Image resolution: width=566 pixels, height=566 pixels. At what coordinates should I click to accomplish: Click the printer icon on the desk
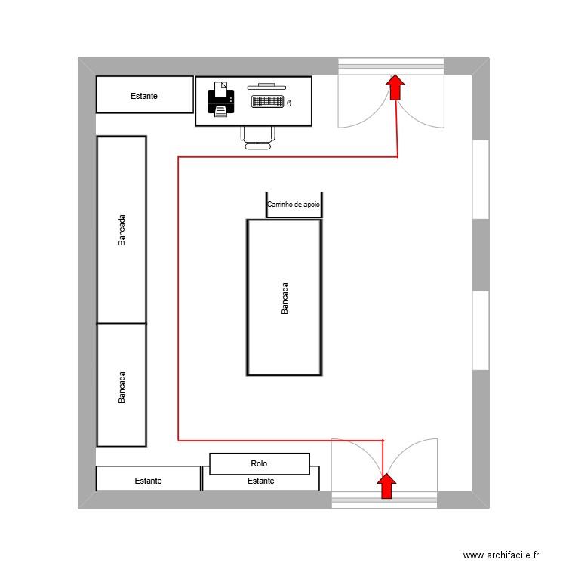220,100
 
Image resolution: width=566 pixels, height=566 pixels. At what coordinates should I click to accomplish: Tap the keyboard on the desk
267,102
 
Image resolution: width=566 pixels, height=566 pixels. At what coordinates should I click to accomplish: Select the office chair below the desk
257,136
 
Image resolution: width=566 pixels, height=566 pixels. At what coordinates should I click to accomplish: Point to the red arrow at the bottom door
386,486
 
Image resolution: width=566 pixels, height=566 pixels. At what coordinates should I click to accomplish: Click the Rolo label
259,463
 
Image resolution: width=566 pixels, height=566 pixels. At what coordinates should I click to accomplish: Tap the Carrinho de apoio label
294,205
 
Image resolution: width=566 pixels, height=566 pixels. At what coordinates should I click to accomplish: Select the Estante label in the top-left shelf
144,96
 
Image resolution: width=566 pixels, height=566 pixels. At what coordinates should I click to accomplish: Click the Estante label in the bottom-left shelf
148,481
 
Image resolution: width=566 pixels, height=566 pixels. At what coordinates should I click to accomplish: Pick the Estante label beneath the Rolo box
261,481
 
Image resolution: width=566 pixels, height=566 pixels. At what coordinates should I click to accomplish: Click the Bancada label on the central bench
285,298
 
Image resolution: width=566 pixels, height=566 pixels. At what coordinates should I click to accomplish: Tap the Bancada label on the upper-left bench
122,229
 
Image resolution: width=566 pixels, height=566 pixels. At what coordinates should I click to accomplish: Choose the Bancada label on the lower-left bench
122,387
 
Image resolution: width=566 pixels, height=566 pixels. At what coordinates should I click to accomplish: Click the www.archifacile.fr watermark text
501,555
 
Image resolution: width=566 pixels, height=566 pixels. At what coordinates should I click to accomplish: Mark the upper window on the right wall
480,179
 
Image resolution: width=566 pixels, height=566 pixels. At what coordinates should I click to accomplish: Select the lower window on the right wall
480,330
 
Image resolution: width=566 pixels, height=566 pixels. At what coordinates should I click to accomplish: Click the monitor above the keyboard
266,88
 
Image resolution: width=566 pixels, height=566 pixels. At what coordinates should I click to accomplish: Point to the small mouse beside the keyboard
289,103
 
